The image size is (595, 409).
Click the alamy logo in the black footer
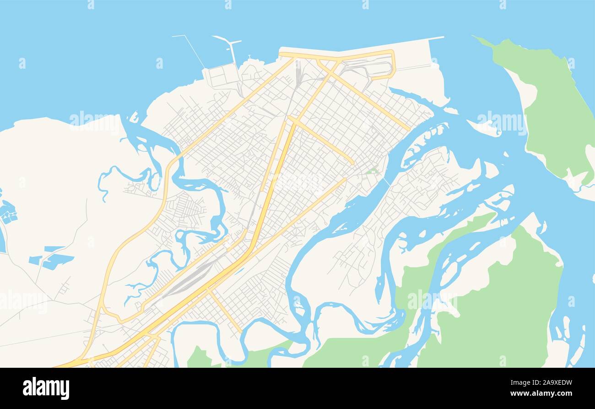click(46, 388)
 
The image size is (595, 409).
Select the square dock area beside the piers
click(222, 76)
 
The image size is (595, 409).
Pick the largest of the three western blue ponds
click(57, 261)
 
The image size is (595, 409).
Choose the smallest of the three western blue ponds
click(54, 249)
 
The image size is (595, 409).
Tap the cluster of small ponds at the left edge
click(8, 212)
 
